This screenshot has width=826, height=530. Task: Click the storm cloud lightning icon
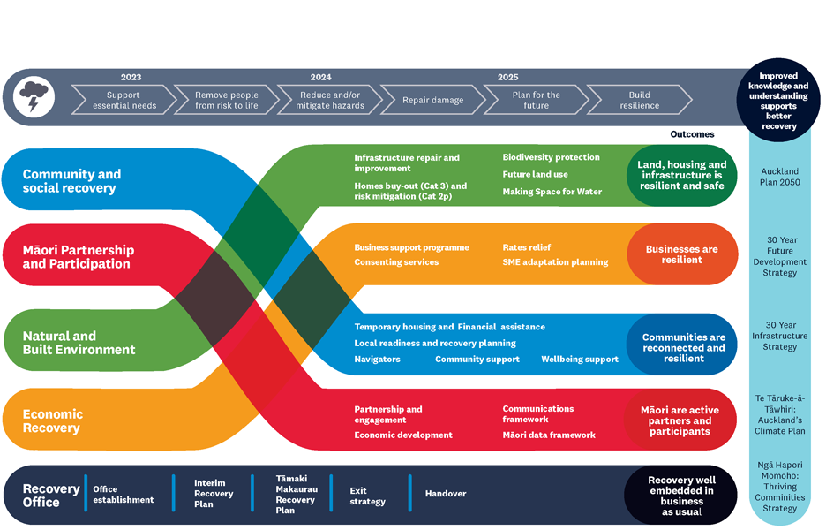point(34,98)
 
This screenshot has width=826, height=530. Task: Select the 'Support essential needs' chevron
point(124,101)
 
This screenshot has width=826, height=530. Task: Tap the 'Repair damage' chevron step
point(432,101)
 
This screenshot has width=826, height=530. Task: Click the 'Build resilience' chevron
point(639,101)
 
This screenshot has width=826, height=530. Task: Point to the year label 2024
point(320,78)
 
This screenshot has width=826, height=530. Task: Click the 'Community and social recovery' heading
point(71,181)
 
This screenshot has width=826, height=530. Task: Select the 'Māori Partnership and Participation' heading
point(78,257)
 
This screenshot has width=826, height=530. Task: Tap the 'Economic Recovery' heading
point(53,420)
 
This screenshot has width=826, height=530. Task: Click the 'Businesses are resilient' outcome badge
point(681,254)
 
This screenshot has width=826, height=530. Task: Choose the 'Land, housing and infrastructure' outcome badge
point(681,175)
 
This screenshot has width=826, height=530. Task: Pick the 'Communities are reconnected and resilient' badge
point(683,347)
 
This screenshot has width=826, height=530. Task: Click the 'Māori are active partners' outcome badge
point(680,420)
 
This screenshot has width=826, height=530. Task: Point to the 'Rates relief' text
point(526,248)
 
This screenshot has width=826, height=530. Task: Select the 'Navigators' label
point(377,360)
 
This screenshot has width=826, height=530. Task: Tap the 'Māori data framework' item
point(548,435)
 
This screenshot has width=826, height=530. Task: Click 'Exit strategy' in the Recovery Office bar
point(367,496)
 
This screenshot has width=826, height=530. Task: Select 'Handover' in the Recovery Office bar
point(445,493)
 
